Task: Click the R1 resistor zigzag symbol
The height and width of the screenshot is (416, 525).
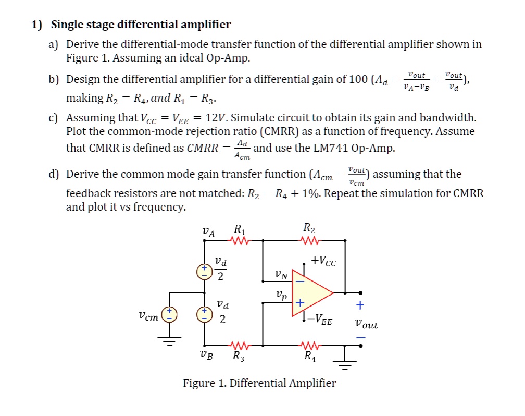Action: tap(240, 240)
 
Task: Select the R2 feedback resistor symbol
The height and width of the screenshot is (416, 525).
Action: tap(310, 240)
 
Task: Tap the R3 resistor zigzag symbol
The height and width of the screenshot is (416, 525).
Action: tap(240, 345)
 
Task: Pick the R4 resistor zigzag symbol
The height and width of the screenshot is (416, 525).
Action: tap(310, 345)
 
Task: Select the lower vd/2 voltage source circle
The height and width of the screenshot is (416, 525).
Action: tap(204, 314)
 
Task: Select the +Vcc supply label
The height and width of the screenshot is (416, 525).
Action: tap(323, 261)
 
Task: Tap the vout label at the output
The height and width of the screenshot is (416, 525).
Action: tap(366, 324)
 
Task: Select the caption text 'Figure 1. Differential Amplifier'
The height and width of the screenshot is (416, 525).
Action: tap(259, 383)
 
